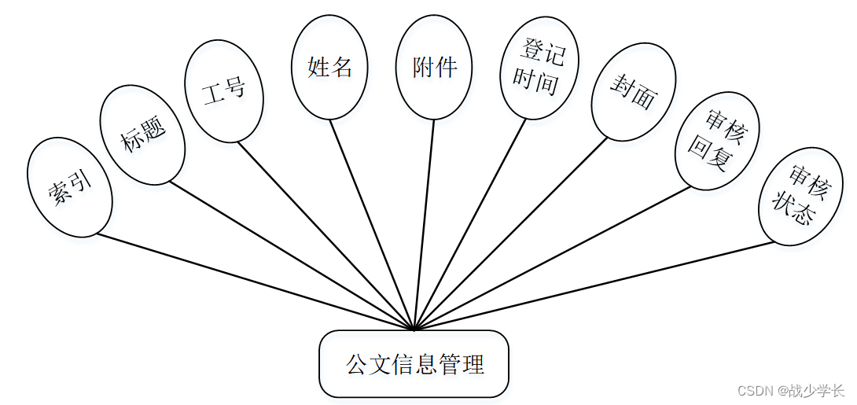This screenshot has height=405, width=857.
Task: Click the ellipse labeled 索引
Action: (70, 187)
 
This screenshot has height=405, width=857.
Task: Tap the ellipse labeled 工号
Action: (223, 91)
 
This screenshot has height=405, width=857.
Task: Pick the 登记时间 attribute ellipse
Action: (539, 68)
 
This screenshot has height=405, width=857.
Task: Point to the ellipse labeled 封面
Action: (632, 92)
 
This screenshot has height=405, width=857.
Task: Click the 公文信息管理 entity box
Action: (414, 364)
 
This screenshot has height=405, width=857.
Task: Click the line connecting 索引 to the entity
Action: (252, 280)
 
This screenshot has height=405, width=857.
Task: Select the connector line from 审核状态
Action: (598, 285)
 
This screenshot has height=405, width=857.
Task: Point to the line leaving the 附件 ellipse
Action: (425, 220)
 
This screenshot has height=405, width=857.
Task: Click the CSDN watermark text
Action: (789, 390)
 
